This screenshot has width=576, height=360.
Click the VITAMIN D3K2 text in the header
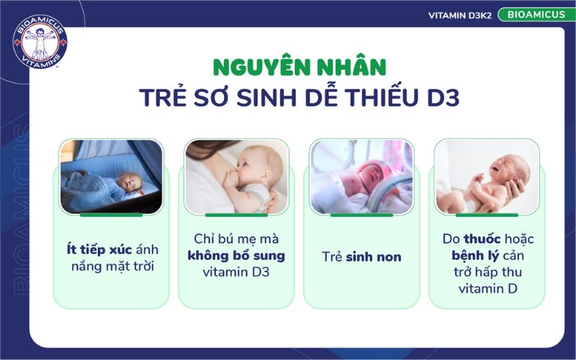[x=459, y=15]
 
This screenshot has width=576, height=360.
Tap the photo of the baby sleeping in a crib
[x=111, y=176]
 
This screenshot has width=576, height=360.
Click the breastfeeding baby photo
[x=236, y=176]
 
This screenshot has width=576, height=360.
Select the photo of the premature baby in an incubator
[x=361, y=176]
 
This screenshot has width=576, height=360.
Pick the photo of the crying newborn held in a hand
[x=487, y=176]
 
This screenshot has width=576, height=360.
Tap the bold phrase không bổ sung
[x=236, y=256]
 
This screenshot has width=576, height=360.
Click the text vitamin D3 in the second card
[x=236, y=273]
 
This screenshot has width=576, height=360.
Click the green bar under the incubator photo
[x=361, y=215]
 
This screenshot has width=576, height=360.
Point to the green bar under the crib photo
[x=111, y=215]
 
